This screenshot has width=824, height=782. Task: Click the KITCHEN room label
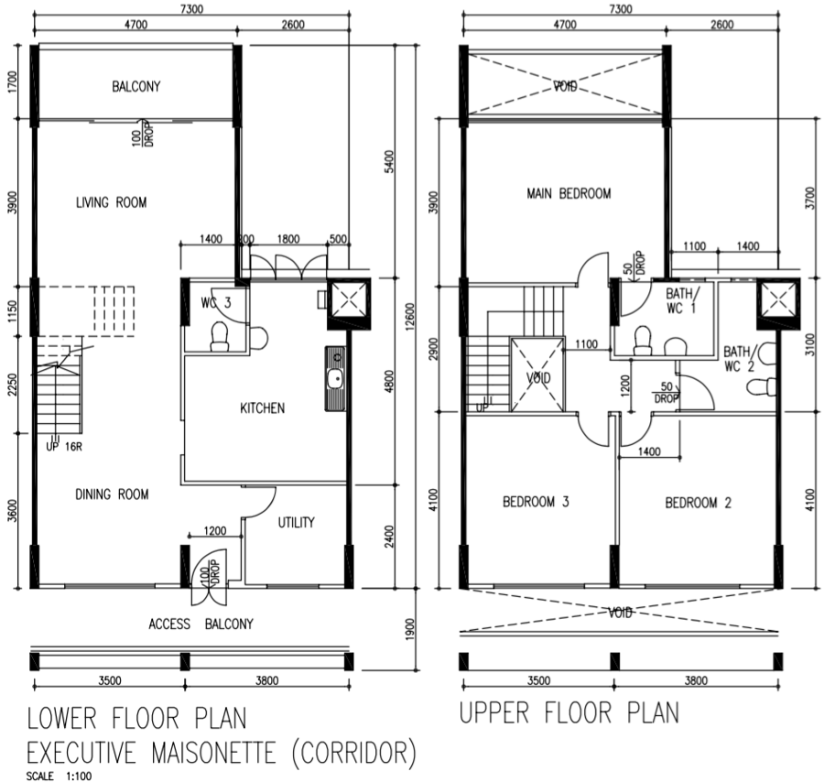click(262, 407)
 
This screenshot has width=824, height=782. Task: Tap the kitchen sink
click(335, 378)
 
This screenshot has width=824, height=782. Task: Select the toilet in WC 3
click(220, 337)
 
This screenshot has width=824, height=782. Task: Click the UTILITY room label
click(296, 522)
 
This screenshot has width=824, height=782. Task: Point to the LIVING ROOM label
click(112, 202)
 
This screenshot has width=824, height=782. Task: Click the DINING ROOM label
click(112, 494)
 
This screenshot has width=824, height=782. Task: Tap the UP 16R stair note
click(64, 447)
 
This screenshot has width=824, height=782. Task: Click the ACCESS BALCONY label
click(201, 624)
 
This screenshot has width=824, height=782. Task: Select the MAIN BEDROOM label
click(569, 193)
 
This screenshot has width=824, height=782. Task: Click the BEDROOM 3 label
click(536, 502)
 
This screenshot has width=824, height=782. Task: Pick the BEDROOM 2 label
click(698, 503)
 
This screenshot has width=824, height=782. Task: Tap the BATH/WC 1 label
click(682, 300)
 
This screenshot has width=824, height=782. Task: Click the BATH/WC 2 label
click(739, 358)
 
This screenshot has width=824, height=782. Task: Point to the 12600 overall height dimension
click(410, 315)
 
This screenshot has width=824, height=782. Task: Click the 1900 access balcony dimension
click(410, 629)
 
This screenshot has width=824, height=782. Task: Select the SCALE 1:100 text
click(59, 776)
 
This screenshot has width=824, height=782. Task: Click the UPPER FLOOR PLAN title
click(569, 713)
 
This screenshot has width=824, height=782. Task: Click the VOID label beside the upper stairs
click(538, 378)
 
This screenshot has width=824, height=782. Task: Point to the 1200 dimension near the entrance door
click(215, 531)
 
